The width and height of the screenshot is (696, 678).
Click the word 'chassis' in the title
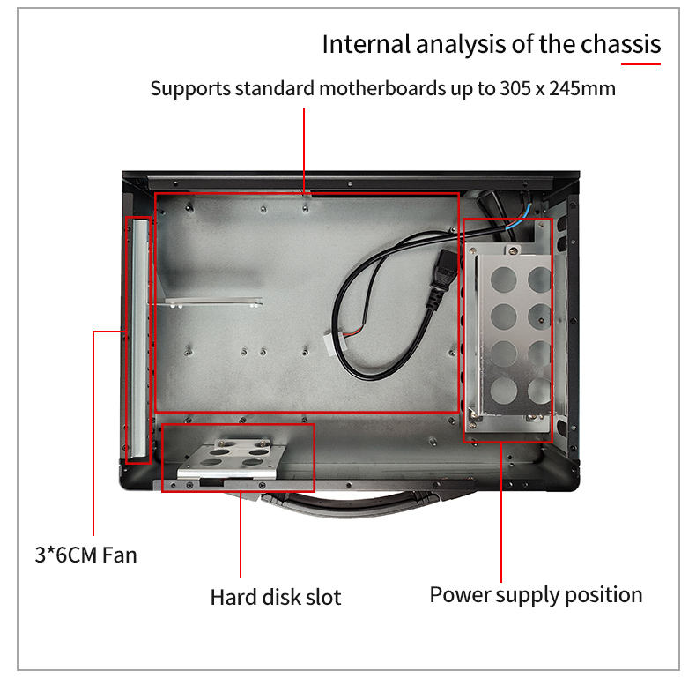point(620,44)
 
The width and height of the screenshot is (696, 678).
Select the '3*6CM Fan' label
point(85,555)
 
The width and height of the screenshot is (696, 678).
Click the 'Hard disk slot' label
point(275,597)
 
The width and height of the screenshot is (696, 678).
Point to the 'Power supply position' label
point(536,594)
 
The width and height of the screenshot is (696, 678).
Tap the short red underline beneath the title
point(640,63)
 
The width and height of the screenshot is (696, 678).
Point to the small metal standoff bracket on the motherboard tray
point(211,302)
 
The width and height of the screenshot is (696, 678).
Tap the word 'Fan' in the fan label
point(120,555)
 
